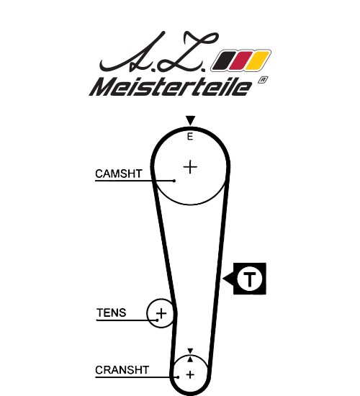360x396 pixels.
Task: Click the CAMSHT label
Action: click(x=119, y=174)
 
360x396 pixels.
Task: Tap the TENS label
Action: click(x=111, y=312)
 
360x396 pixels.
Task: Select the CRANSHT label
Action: click(x=122, y=370)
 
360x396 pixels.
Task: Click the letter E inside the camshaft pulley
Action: click(x=190, y=137)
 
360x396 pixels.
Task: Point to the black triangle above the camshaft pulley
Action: click(x=190, y=120)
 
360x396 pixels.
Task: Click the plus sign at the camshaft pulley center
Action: click(x=190, y=167)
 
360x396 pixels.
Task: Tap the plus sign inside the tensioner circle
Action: click(x=161, y=314)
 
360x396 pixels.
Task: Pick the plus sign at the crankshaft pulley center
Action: click(x=190, y=374)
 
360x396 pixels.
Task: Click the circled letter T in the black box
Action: click(x=250, y=279)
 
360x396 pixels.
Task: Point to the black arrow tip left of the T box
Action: click(x=223, y=279)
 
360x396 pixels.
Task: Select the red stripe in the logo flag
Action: click(x=241, y=60)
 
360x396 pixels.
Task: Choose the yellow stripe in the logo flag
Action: click(x=258, y=60)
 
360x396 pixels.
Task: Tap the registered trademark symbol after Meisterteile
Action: click(x=263, y=80)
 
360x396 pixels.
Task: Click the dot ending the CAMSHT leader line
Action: click(x=174, y=181)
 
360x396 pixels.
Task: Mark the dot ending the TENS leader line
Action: click(x=158, y=320)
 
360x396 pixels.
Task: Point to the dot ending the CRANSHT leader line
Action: click(x=178, y=377)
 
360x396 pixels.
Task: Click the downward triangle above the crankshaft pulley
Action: click(x=190, y=351)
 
